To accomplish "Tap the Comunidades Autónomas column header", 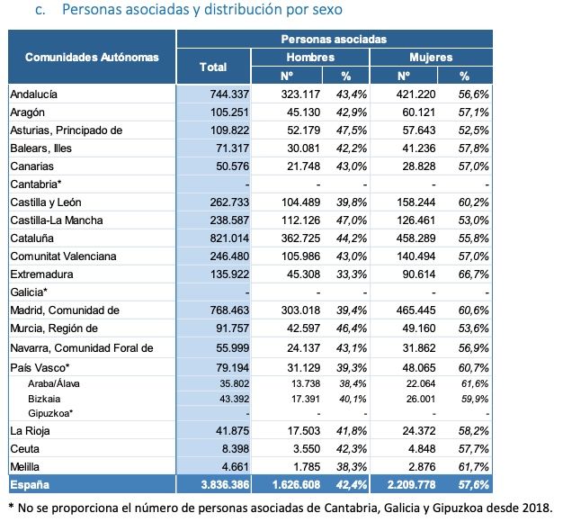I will pyautogui.click(x=92, y=57).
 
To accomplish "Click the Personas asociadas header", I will pyautogui.click(x=334, y=40).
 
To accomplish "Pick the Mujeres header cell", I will pyautogui.click(x=431, y=57).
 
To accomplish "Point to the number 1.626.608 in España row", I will pyautogui.click(x=290, y=484).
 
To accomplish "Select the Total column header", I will pyautogui.click(x=213, y=67).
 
